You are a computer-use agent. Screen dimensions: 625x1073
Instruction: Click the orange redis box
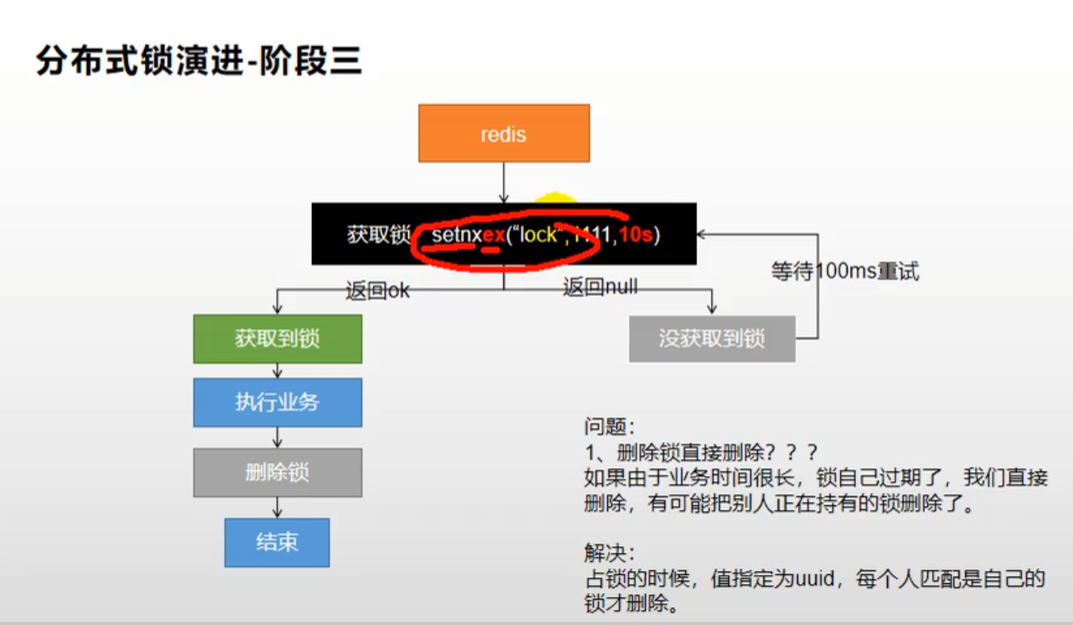tap(504, 133)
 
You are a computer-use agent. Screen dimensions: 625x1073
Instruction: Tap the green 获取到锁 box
tap(277, 339)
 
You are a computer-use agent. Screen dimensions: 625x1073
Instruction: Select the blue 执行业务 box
tap(277, 402)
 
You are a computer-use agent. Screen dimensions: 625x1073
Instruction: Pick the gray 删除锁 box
tap(277, 472)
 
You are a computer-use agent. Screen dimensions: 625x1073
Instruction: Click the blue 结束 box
tap(277, 542)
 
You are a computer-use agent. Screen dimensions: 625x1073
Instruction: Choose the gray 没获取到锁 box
tap(712, 339)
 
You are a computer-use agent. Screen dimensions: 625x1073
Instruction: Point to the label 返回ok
tap(378, 291)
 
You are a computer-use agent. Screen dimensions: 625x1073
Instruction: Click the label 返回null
tap(600, 287)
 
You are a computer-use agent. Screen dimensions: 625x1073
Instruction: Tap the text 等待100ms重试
tap(845, 271)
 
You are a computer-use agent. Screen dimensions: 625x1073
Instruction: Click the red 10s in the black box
tap(635, 235)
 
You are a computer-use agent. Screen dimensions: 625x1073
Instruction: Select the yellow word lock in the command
tap(538, 235)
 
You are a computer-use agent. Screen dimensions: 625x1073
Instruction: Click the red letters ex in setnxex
tap(493, 236)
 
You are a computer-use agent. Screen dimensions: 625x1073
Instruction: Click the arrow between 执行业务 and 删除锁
tap(277, 437)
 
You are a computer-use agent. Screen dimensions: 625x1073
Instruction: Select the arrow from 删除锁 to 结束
tap(277, 507)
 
